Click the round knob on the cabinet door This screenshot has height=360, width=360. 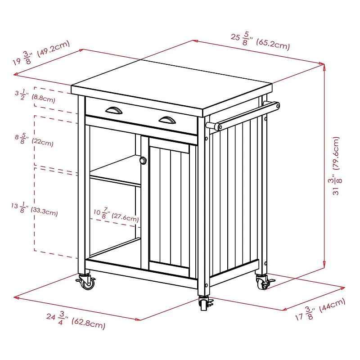[143, 160]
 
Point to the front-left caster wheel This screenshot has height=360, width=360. [87, 283]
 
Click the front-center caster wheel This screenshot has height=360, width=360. [205, 304]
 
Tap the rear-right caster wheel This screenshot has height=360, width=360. [262, 282]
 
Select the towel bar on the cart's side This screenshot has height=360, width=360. [245, 115]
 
